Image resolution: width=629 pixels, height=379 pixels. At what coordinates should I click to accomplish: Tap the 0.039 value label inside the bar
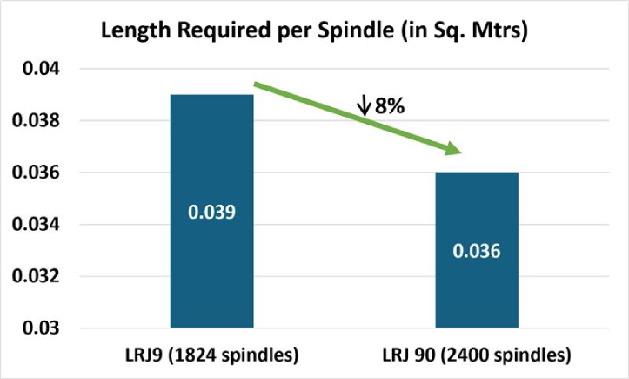[211, 212]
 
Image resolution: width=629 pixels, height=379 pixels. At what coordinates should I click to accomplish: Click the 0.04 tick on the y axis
[38, 69]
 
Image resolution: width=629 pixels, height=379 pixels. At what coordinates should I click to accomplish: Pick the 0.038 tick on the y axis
[34, 120]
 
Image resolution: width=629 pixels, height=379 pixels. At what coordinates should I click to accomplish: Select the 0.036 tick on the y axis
[34, 173]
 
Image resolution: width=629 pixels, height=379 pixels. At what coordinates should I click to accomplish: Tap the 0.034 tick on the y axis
[34, 225]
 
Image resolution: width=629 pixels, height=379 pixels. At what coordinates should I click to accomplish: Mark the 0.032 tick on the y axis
[34, 277]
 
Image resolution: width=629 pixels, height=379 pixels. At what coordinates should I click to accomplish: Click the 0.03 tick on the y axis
[38, 328]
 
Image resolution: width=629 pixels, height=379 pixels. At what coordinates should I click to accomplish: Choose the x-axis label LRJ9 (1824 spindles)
[211, 355]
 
